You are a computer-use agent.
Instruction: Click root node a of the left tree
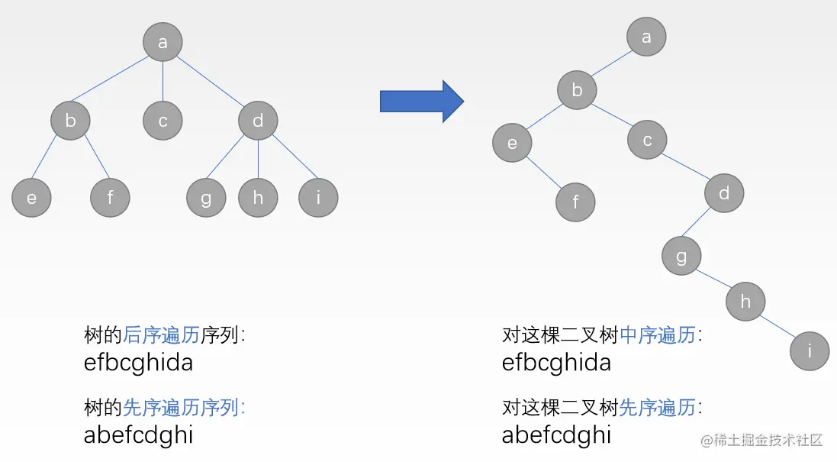tap(163, 42)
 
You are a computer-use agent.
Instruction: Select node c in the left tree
tap(163, 121)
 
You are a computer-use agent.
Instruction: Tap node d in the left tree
tap(258, 121)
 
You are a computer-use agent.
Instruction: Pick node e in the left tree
tap(31, 198)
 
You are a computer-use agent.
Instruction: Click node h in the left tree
tap(258, 198)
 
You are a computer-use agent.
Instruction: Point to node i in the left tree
tap(317, 198)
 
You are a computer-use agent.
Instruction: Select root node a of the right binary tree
tap(646, 36)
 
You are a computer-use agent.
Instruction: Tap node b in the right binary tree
tap(577, 90)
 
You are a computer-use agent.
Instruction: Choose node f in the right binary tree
tap(575, 202)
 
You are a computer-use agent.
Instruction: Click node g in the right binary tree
tap(681, 256)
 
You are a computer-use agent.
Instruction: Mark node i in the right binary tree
tap(810, 351)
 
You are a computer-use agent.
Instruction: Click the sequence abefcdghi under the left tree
tap(138, 435)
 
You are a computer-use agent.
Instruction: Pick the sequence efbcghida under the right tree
tap(556, 362)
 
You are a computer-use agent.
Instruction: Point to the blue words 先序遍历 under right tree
tap(658, 407)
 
